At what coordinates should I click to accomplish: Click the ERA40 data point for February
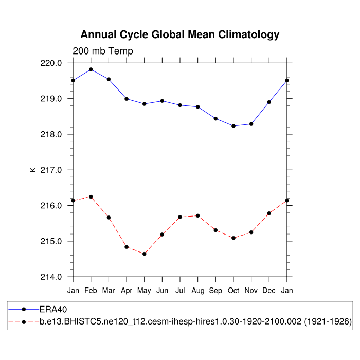coord(91,69)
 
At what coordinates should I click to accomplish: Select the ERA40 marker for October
coord(233,126)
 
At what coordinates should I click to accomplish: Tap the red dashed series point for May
coord(145,254)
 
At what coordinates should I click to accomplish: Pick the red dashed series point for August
coord(198,216)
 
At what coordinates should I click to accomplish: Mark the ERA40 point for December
coord(269,102)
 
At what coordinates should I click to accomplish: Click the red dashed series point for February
coord(91,197)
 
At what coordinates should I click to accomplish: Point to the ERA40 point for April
coord(127,99)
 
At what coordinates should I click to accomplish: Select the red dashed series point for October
coord(233,238)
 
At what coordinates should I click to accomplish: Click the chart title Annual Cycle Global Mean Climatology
coord(180,35)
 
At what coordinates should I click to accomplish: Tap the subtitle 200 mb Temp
coord(103,51)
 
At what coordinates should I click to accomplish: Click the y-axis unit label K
coord(33,170)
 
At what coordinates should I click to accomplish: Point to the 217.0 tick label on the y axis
coord(51,170)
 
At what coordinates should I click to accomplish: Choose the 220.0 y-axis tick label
coord(51,63)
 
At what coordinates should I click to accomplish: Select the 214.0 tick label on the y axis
coord(51,277)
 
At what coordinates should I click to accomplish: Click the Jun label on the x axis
coord(163,291)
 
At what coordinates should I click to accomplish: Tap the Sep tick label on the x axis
coord(216,291)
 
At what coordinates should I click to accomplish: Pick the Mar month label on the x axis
coord(109,291)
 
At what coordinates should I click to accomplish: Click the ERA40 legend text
coord(53,310)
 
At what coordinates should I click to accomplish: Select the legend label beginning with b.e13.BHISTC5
coord(195,321)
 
